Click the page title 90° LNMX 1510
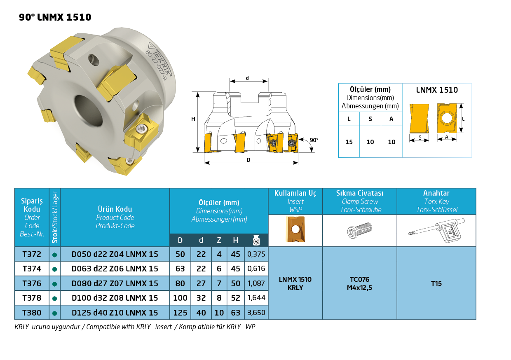click(55, 17)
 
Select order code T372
click(32, 254)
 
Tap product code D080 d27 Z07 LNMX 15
click(115, 283)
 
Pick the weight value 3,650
click(256, 312)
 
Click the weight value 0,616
click(256, 268)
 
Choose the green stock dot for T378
click(54, 298)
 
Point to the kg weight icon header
click(256, 240)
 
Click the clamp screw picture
click(360, 230)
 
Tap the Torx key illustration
click(436, 230)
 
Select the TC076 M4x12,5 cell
click(359, 283)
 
